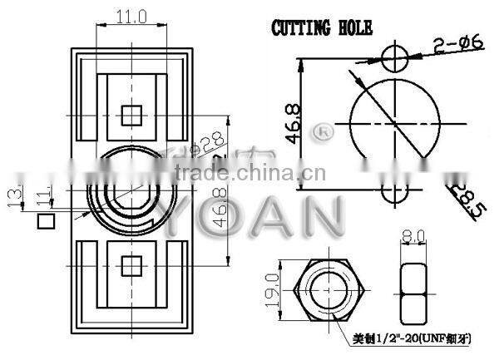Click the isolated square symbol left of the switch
(x=46, y=222)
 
